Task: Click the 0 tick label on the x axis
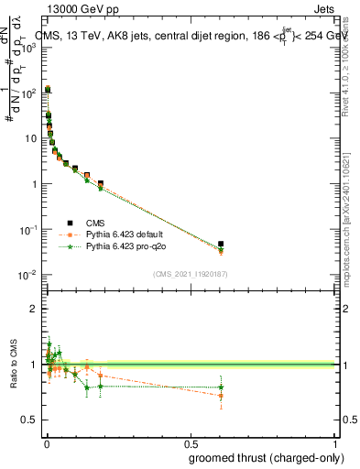(x=46, y=443)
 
